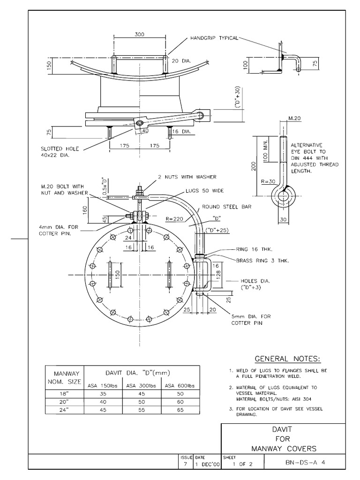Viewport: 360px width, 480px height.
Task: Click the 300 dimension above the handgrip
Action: click(139, 34)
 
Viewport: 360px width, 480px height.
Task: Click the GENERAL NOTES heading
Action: click(288, 359)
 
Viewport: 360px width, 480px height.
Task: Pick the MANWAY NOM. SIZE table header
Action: click(64, 378)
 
